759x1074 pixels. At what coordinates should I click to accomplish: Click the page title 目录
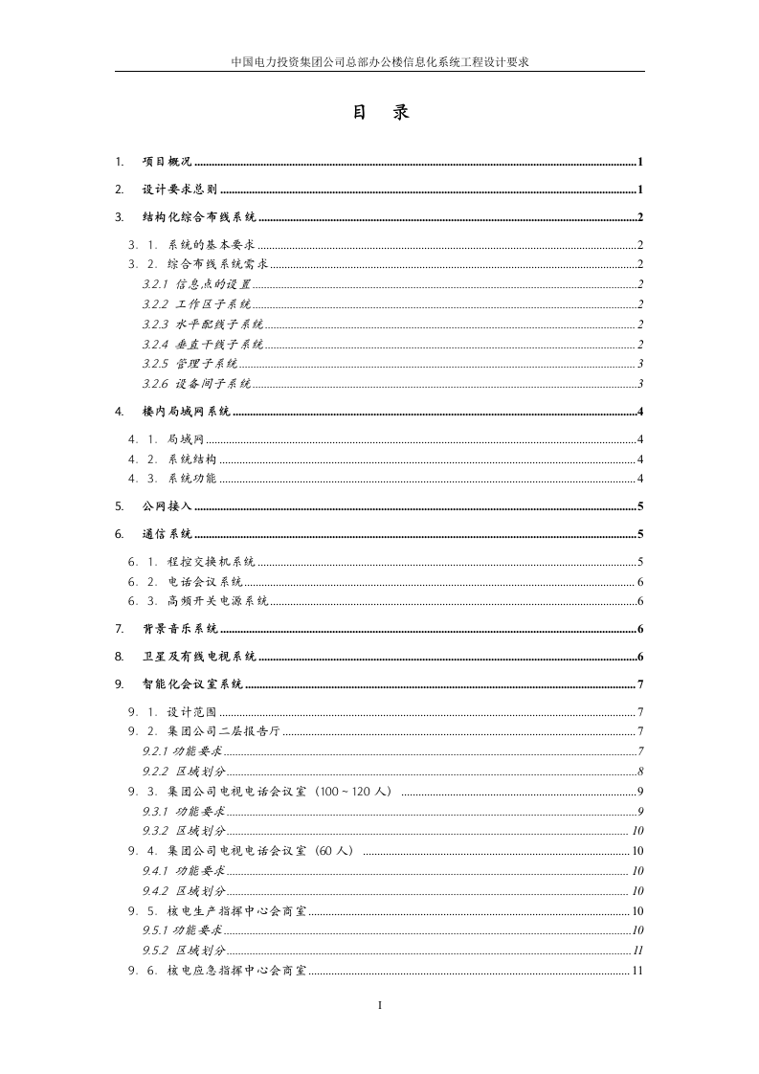[380, 113]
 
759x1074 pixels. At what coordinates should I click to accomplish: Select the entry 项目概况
[167, 162]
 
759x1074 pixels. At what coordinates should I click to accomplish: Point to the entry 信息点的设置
[212, 284]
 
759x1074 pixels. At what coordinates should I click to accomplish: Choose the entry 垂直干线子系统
[219, 345]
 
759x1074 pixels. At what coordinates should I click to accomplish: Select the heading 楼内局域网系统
[186, 413]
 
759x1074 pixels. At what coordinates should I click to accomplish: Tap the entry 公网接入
[167, 506]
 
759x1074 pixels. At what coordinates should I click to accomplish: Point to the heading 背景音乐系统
[179, 629]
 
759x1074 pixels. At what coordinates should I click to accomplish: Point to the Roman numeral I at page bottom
[380, 1006]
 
